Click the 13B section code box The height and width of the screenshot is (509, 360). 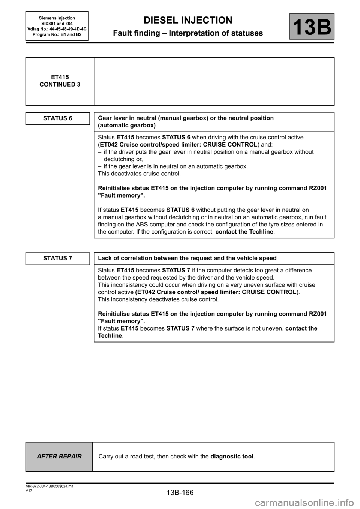coord(312,27)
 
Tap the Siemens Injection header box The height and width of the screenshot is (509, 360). coord(57,26)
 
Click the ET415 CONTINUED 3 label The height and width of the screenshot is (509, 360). coord(60,81)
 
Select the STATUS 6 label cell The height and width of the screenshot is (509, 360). coord(58,118)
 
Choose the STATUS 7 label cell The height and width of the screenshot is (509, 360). coord(58,259)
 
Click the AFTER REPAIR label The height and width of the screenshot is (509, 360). coord(59,457)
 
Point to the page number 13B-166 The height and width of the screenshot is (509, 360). coord(180,492)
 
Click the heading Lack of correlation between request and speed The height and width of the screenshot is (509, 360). coord(187,258)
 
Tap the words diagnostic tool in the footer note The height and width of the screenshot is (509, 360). coord(232,457)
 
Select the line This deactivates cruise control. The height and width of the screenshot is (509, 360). coord(139,174)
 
